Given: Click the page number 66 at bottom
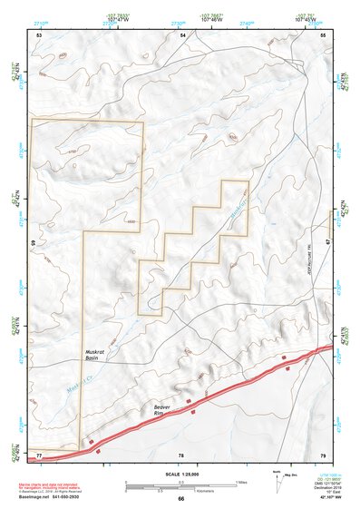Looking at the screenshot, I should [180, 499].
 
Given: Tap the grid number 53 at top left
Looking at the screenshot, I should [39, 34].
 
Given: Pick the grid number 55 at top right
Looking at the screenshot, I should [323, 34].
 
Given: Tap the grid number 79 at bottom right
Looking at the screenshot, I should [323, 454].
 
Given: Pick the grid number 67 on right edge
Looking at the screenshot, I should [328, 243].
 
